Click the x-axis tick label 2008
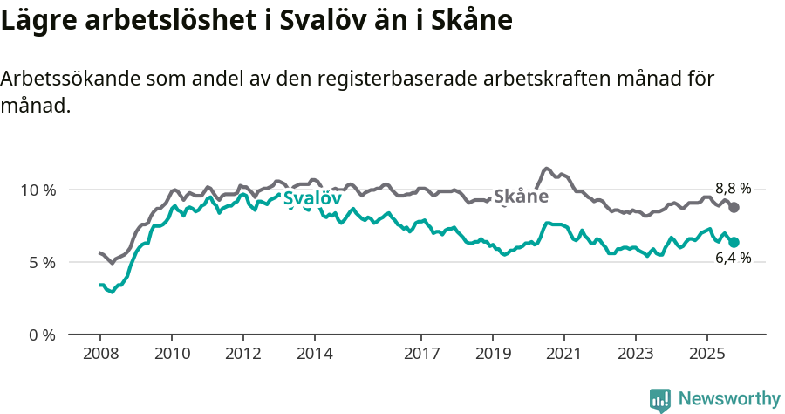tap(99, 355)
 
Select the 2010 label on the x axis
tap(171, 355)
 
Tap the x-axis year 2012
tap(242, 355)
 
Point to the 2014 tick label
tap(314, 355)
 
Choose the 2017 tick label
tap(421, 355)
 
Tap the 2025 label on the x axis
tap(706, 355)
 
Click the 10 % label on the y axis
tap(38, 190)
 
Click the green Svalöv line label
tap(311, 198)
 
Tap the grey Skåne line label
tap(521, 197)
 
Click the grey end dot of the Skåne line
tap(734, 207)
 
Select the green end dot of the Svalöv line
tap(734, 242)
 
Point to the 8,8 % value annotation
tap(733, 188)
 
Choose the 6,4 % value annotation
tap(733, 259)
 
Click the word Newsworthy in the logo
tap(729, 399)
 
